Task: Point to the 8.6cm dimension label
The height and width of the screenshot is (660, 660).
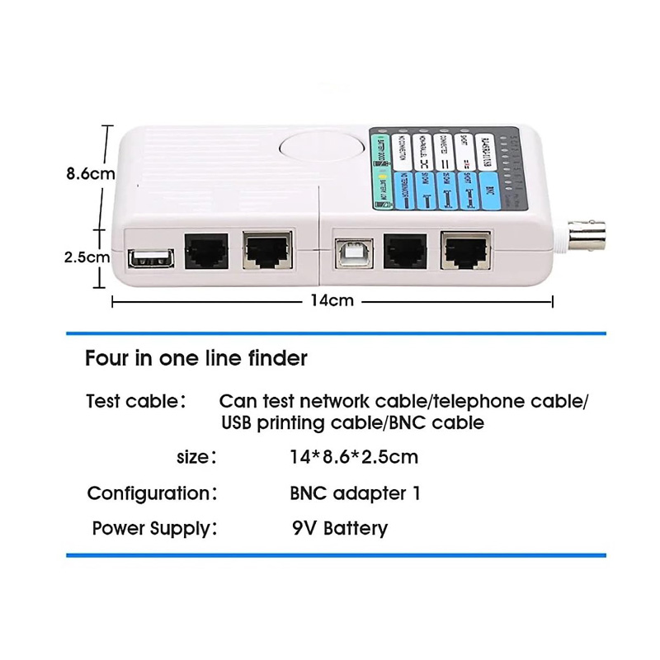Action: (x=90, y=174)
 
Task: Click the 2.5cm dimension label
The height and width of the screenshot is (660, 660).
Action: (x=87, y=257)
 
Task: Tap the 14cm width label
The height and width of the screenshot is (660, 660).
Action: (x=332, y=300)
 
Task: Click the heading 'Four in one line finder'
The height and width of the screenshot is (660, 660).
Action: (x=196, y=359)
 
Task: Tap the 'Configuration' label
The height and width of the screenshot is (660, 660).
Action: (x=152, y=493)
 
